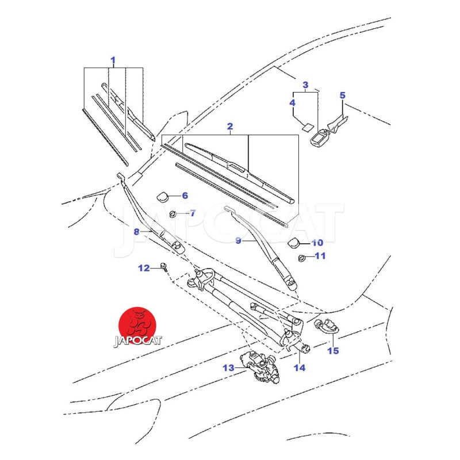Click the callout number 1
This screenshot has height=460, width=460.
[113, 60]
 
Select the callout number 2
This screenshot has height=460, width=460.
[230, 126]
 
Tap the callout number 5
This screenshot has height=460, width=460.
[343, 95]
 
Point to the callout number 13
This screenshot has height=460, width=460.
[229, 367]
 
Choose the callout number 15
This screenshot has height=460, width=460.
[333, 351]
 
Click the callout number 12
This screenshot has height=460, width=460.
[144, 268]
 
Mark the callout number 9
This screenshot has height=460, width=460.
[239, 241]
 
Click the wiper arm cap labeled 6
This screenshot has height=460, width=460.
[163, 196]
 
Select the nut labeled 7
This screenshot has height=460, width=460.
[173, 214]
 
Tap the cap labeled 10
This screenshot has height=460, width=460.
[294, 243]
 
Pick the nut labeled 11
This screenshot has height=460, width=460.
[301, 258]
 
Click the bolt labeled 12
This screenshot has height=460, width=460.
[164, 267]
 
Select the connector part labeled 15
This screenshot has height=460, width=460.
[325, 325]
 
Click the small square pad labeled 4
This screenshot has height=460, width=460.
[308, 128]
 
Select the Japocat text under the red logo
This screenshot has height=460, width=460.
[137, 340]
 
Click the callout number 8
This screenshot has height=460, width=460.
[136, 232]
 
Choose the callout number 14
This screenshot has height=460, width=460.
[300, 367]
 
